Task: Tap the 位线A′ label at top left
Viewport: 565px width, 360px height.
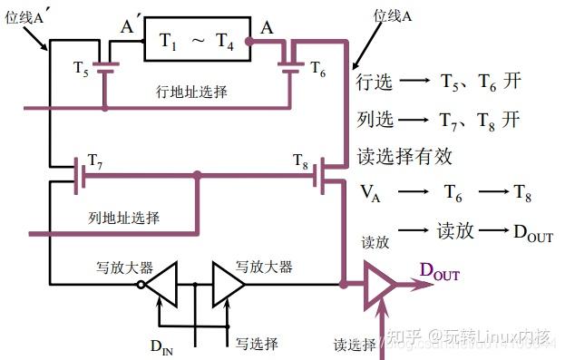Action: point(27,17)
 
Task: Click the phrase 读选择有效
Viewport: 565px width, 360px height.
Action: point(405,155)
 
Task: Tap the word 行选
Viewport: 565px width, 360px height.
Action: point(375,83)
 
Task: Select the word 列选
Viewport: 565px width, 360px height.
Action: point(375,119)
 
